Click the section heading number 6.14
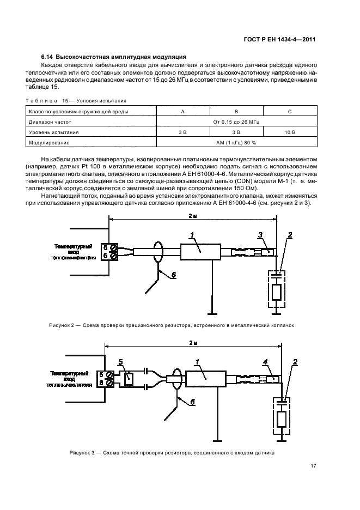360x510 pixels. point(48,57)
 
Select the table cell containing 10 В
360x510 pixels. point(290,132)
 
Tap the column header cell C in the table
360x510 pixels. point(290,111)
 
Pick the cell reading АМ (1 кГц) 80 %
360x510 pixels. point(236,142)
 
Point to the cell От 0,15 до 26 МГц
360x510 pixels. point(236,122)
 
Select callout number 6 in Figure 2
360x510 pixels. point(173,275)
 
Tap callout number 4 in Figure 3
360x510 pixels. point(265,362)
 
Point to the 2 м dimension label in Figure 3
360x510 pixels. point(194,343)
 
